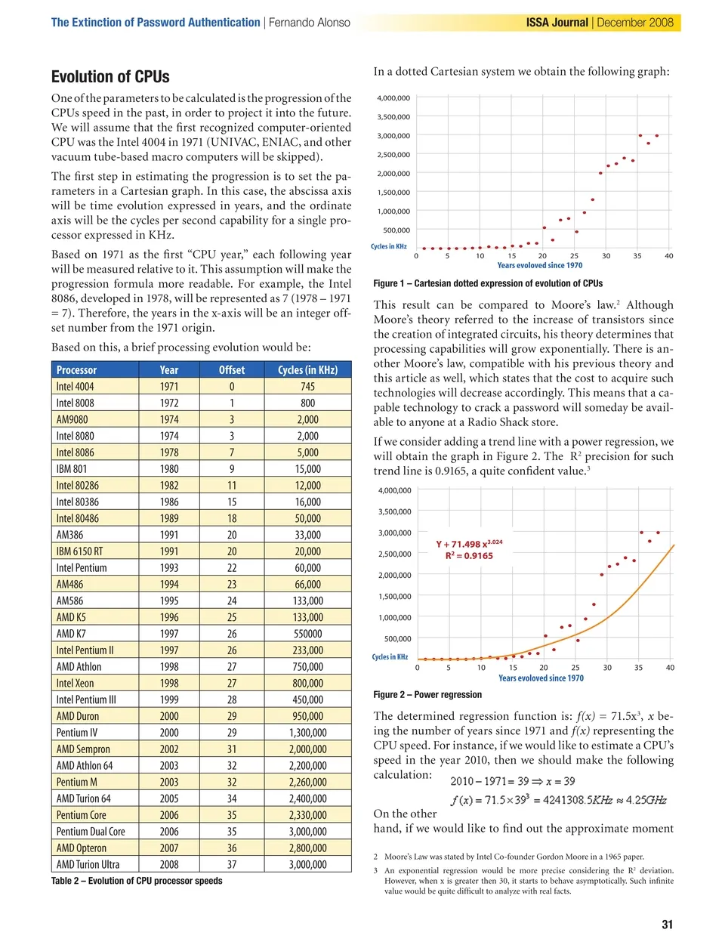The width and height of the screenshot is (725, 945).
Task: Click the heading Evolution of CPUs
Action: [x=110, y=77]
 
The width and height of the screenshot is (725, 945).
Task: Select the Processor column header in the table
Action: [x=76, y=370]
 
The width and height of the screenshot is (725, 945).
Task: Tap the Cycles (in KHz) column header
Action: [x=307, y=370]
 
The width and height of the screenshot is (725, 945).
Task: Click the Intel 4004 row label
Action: [x=75, y=387]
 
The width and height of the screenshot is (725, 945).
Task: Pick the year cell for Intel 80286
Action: [x=169, y=486]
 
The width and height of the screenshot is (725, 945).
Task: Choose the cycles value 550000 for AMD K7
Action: [x=307, y=634]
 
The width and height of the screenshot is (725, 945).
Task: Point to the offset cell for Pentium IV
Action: [x=232, y=733]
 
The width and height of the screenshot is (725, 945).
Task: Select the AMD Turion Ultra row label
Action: [x=88, y=865]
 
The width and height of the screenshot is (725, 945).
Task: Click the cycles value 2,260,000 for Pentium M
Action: [x=307, y=783]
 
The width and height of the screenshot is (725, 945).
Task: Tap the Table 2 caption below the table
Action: [x=137, y=881]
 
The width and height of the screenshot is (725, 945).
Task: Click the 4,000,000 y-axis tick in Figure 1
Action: [x=393, y=98]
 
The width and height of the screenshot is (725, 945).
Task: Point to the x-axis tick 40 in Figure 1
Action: [x=668, y=256]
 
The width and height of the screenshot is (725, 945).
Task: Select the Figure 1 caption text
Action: [x=488, y=284]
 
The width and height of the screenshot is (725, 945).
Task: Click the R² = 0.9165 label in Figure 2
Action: [x=469, y=556]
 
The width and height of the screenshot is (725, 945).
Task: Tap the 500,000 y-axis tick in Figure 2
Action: [x=397, y=639]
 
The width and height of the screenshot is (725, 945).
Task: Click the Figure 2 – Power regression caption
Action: [x=427, y=695]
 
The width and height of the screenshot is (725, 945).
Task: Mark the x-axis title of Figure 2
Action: [x=541, y=678]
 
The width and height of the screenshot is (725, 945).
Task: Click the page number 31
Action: [x=667, y=925]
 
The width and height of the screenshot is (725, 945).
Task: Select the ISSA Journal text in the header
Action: [x=557, y=23]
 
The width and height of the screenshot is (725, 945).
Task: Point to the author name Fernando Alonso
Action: [x=310, y=23]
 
